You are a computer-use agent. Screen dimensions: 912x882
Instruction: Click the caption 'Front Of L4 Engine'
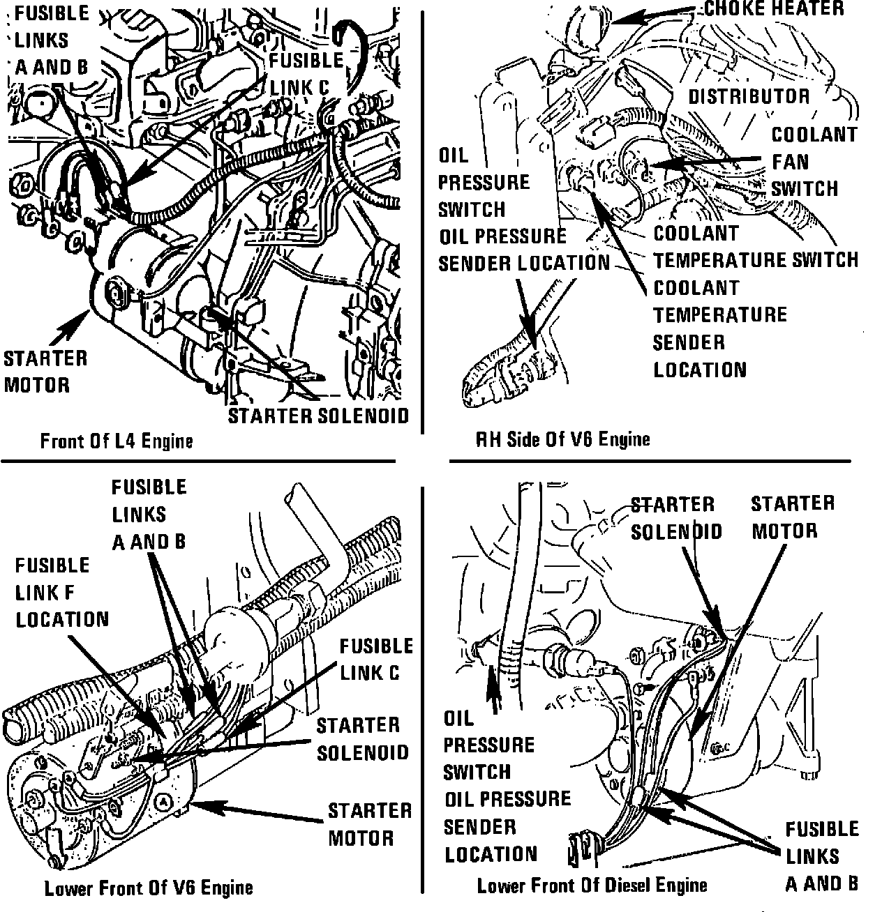pyautogui.click(x=116, y=441)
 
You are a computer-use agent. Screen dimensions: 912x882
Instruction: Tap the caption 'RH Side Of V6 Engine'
pyautogui.click(x=562, y=439)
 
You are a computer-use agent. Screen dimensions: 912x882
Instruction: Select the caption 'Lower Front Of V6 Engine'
pyautogui.click(x=148, y=888)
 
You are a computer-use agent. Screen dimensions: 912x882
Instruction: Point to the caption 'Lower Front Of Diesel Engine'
pyautogui.click(x=592, y=886)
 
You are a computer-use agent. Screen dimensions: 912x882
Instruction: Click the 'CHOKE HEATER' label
pyautogui.click(x=773, y=8)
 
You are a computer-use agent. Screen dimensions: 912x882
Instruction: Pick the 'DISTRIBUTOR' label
pyautogui.click(x=749, y=96)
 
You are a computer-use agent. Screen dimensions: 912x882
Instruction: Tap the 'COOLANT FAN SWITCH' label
pyautogui.click(x=804, y=162)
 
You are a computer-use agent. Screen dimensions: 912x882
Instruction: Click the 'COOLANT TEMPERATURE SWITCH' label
pyautogui.click(x=755, y=247)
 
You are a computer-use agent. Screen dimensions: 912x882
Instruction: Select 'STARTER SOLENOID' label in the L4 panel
pyautogui.click(x=318, y=416)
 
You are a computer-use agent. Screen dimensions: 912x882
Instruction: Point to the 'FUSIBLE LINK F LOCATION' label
pyautogui.click(x=62, y=592)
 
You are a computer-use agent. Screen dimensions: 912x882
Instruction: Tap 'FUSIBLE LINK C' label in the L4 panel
pyautogui.click(x=306, y=73)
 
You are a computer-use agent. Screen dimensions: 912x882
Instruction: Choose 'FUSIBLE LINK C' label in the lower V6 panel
pyautogui.click(x=376, y=659)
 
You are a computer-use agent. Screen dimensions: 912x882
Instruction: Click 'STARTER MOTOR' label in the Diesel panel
pyautogui.click(x=792, y=517)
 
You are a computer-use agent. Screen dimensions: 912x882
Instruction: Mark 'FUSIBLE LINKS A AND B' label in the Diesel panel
pyautogui.click(x=821, y=856)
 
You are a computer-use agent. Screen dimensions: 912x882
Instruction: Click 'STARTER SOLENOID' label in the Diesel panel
pyautogui.click(x=675, y=517)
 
